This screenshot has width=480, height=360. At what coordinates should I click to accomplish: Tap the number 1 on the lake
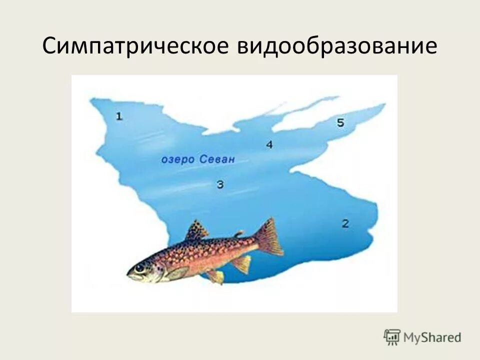click(119, 116)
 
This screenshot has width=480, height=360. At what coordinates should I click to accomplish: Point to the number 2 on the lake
click(345, 223)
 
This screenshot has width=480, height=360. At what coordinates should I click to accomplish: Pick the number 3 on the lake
click(220, 185)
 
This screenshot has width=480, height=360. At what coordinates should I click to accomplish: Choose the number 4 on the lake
click(269, 144)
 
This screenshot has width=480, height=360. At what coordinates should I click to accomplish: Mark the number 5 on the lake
click(340, 122)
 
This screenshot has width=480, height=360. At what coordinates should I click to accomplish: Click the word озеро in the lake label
click(177, 160)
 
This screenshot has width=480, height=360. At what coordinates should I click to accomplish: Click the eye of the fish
click(139, 268)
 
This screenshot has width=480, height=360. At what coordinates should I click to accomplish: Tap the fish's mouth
click(129, 274)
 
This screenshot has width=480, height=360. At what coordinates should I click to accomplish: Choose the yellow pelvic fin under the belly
click(216, 276)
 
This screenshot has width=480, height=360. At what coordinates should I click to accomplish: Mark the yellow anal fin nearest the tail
click(242, 263)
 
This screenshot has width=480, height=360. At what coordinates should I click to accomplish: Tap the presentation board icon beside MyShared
click(392, 337)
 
